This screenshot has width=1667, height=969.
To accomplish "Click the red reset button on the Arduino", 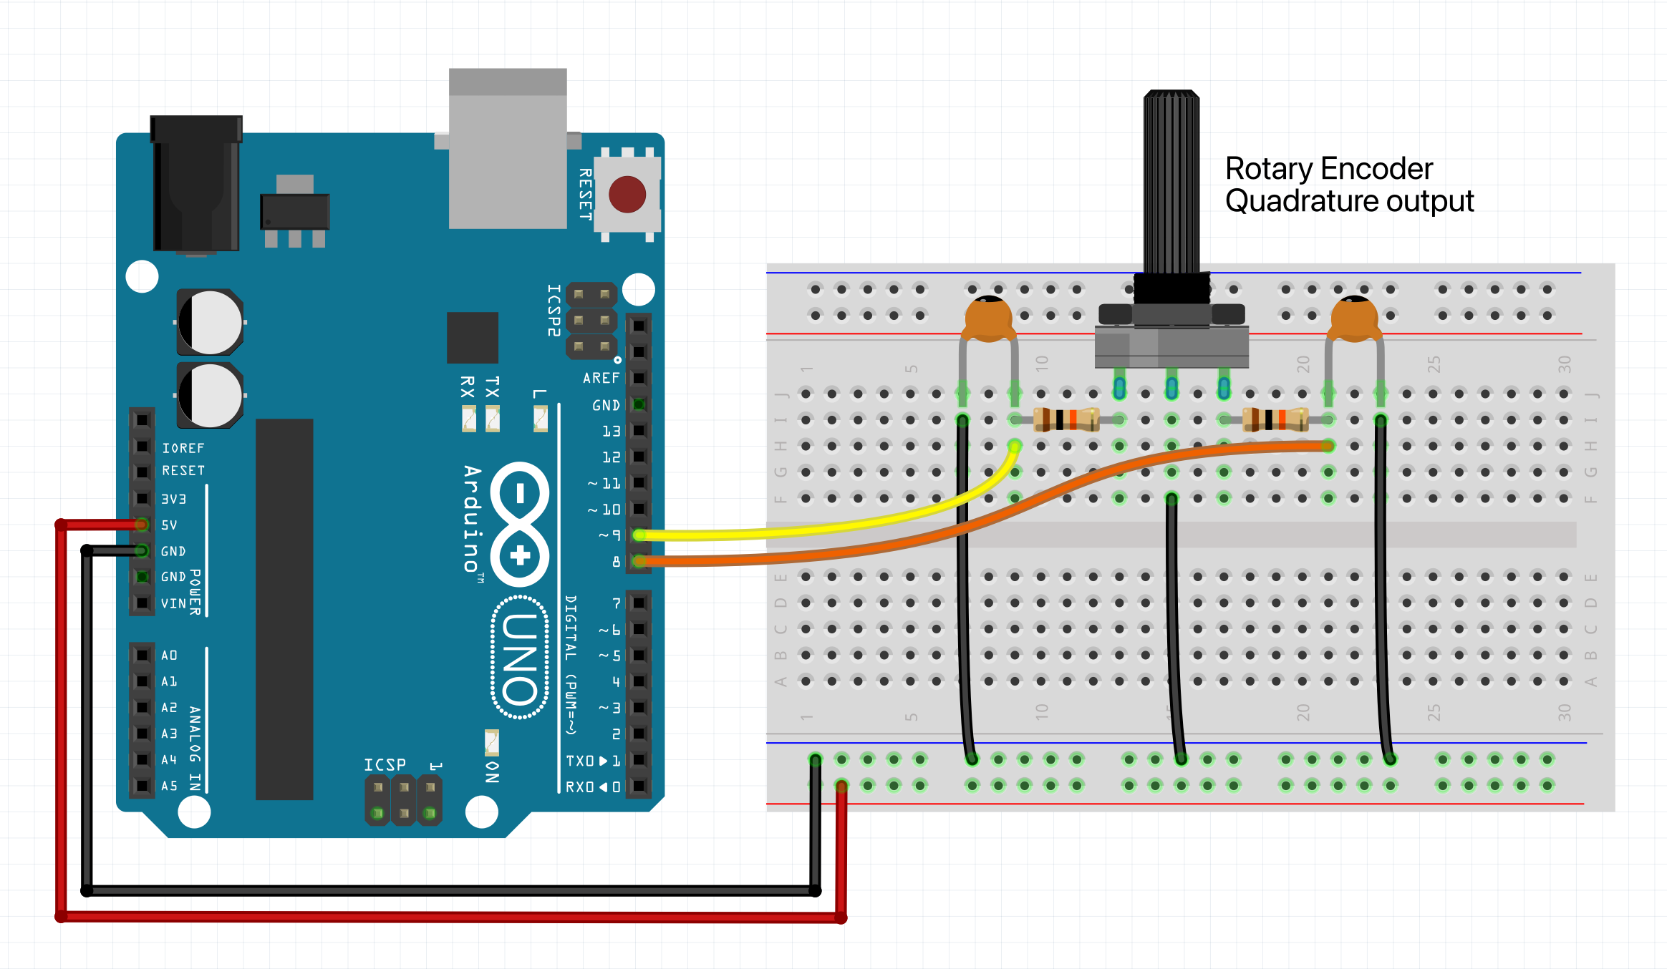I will pos(627,194).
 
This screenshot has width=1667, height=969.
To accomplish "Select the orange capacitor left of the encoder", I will pos(988,319).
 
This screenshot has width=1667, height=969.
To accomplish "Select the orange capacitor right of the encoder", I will pos(1353,319).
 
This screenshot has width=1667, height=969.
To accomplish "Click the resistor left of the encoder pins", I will pos(1066,419).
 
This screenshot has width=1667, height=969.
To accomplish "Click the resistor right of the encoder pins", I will pos(1275,419).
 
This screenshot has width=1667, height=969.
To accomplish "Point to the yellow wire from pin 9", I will pos(823,530).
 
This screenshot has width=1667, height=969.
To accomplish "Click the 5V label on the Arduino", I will pos(169,525).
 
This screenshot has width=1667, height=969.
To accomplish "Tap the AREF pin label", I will pos(601,378).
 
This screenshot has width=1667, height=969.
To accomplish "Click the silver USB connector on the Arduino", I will pos(508,150).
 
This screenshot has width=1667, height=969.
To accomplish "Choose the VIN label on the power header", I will pos(173,604).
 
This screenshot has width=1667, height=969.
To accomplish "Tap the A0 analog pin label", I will pos(169,656).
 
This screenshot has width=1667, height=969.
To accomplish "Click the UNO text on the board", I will pos(520,658).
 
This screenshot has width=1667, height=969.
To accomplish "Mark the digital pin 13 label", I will pos(611,432).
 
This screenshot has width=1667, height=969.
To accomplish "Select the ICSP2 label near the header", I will pos(554,310).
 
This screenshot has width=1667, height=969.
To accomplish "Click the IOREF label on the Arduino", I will pos(183,448).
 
